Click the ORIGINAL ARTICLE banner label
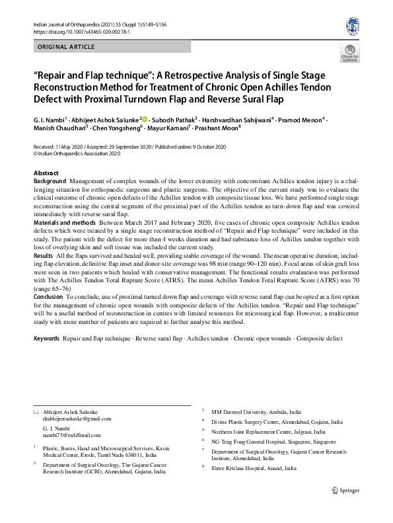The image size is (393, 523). coord(66,47)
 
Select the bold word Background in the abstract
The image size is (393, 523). coord(50,181)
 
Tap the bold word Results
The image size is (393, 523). coord(43,255)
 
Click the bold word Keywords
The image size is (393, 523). coord(47,339)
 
